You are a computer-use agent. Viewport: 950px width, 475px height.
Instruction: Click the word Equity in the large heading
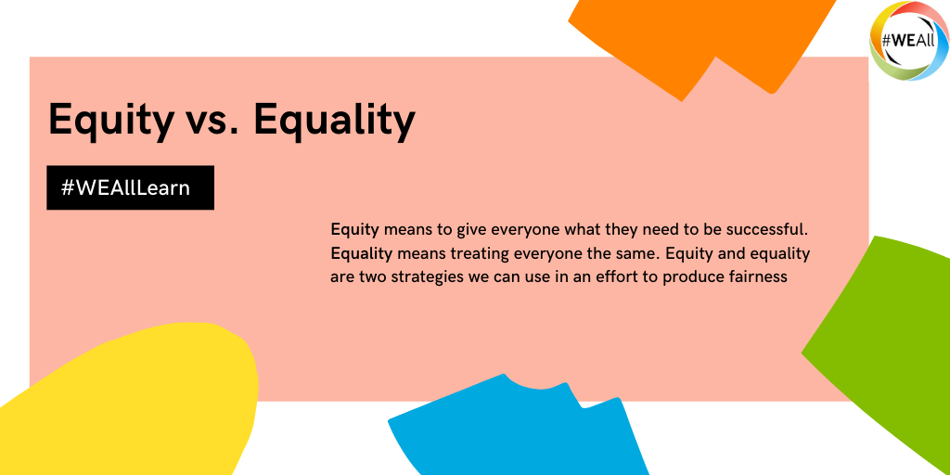click(x=109, y=120)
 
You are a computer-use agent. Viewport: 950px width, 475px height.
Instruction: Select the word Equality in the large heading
click(x=334, y=120)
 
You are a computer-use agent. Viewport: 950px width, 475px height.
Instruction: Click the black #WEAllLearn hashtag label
click(x=130, y=187)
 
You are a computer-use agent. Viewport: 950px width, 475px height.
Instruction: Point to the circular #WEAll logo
click(x=908, y=41)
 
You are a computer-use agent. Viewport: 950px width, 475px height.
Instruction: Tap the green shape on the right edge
click(x=884, y=340)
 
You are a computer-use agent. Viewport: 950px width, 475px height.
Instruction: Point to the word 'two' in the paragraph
click(x=359, y=277)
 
